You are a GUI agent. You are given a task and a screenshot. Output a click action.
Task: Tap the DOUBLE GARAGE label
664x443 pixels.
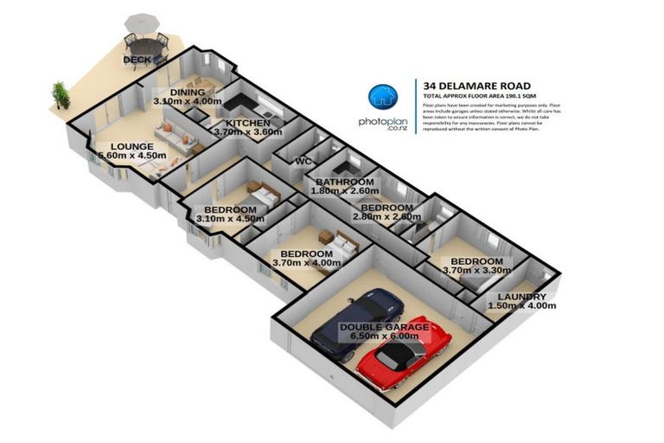[383, 327]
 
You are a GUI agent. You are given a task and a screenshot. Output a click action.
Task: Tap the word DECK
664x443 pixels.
[137, 60]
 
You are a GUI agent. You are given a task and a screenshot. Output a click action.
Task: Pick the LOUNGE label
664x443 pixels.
[131, 147]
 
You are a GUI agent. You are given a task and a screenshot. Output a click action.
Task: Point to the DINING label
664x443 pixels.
[187, 93]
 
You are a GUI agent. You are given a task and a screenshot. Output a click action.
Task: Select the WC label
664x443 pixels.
[303, 162]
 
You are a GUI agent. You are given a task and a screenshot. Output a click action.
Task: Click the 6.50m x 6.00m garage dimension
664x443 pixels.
[383, 337]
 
